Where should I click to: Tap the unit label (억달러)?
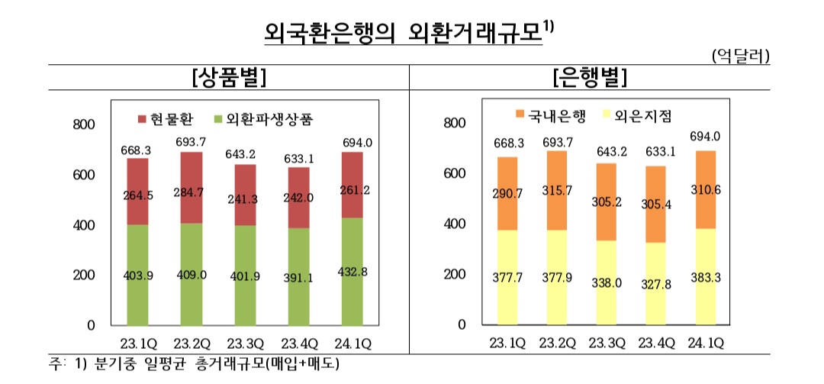coord(739,56)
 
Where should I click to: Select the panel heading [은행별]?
coord(588,77)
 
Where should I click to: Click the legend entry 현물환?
coord(164,120)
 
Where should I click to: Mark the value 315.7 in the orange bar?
coord(562,190)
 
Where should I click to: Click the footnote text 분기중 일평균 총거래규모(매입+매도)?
coord(214,363)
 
